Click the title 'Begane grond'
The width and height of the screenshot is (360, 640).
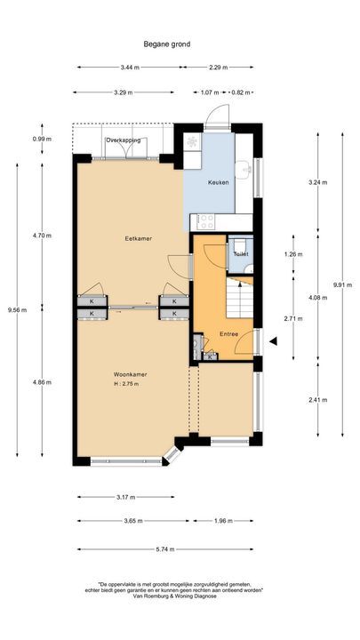click(166, 44)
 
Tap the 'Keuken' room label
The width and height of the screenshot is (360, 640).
click(218, 182)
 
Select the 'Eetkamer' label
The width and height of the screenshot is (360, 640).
click(135, 238)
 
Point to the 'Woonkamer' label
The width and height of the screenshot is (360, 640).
click(130, 374)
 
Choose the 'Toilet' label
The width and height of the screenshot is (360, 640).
click(240, 254)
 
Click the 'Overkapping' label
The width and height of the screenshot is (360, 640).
click(123, 140)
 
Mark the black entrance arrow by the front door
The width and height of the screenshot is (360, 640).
click(275, 341)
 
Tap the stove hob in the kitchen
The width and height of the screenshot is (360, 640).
click(205, 220)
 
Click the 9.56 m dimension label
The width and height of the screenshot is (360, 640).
click(13, 310)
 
